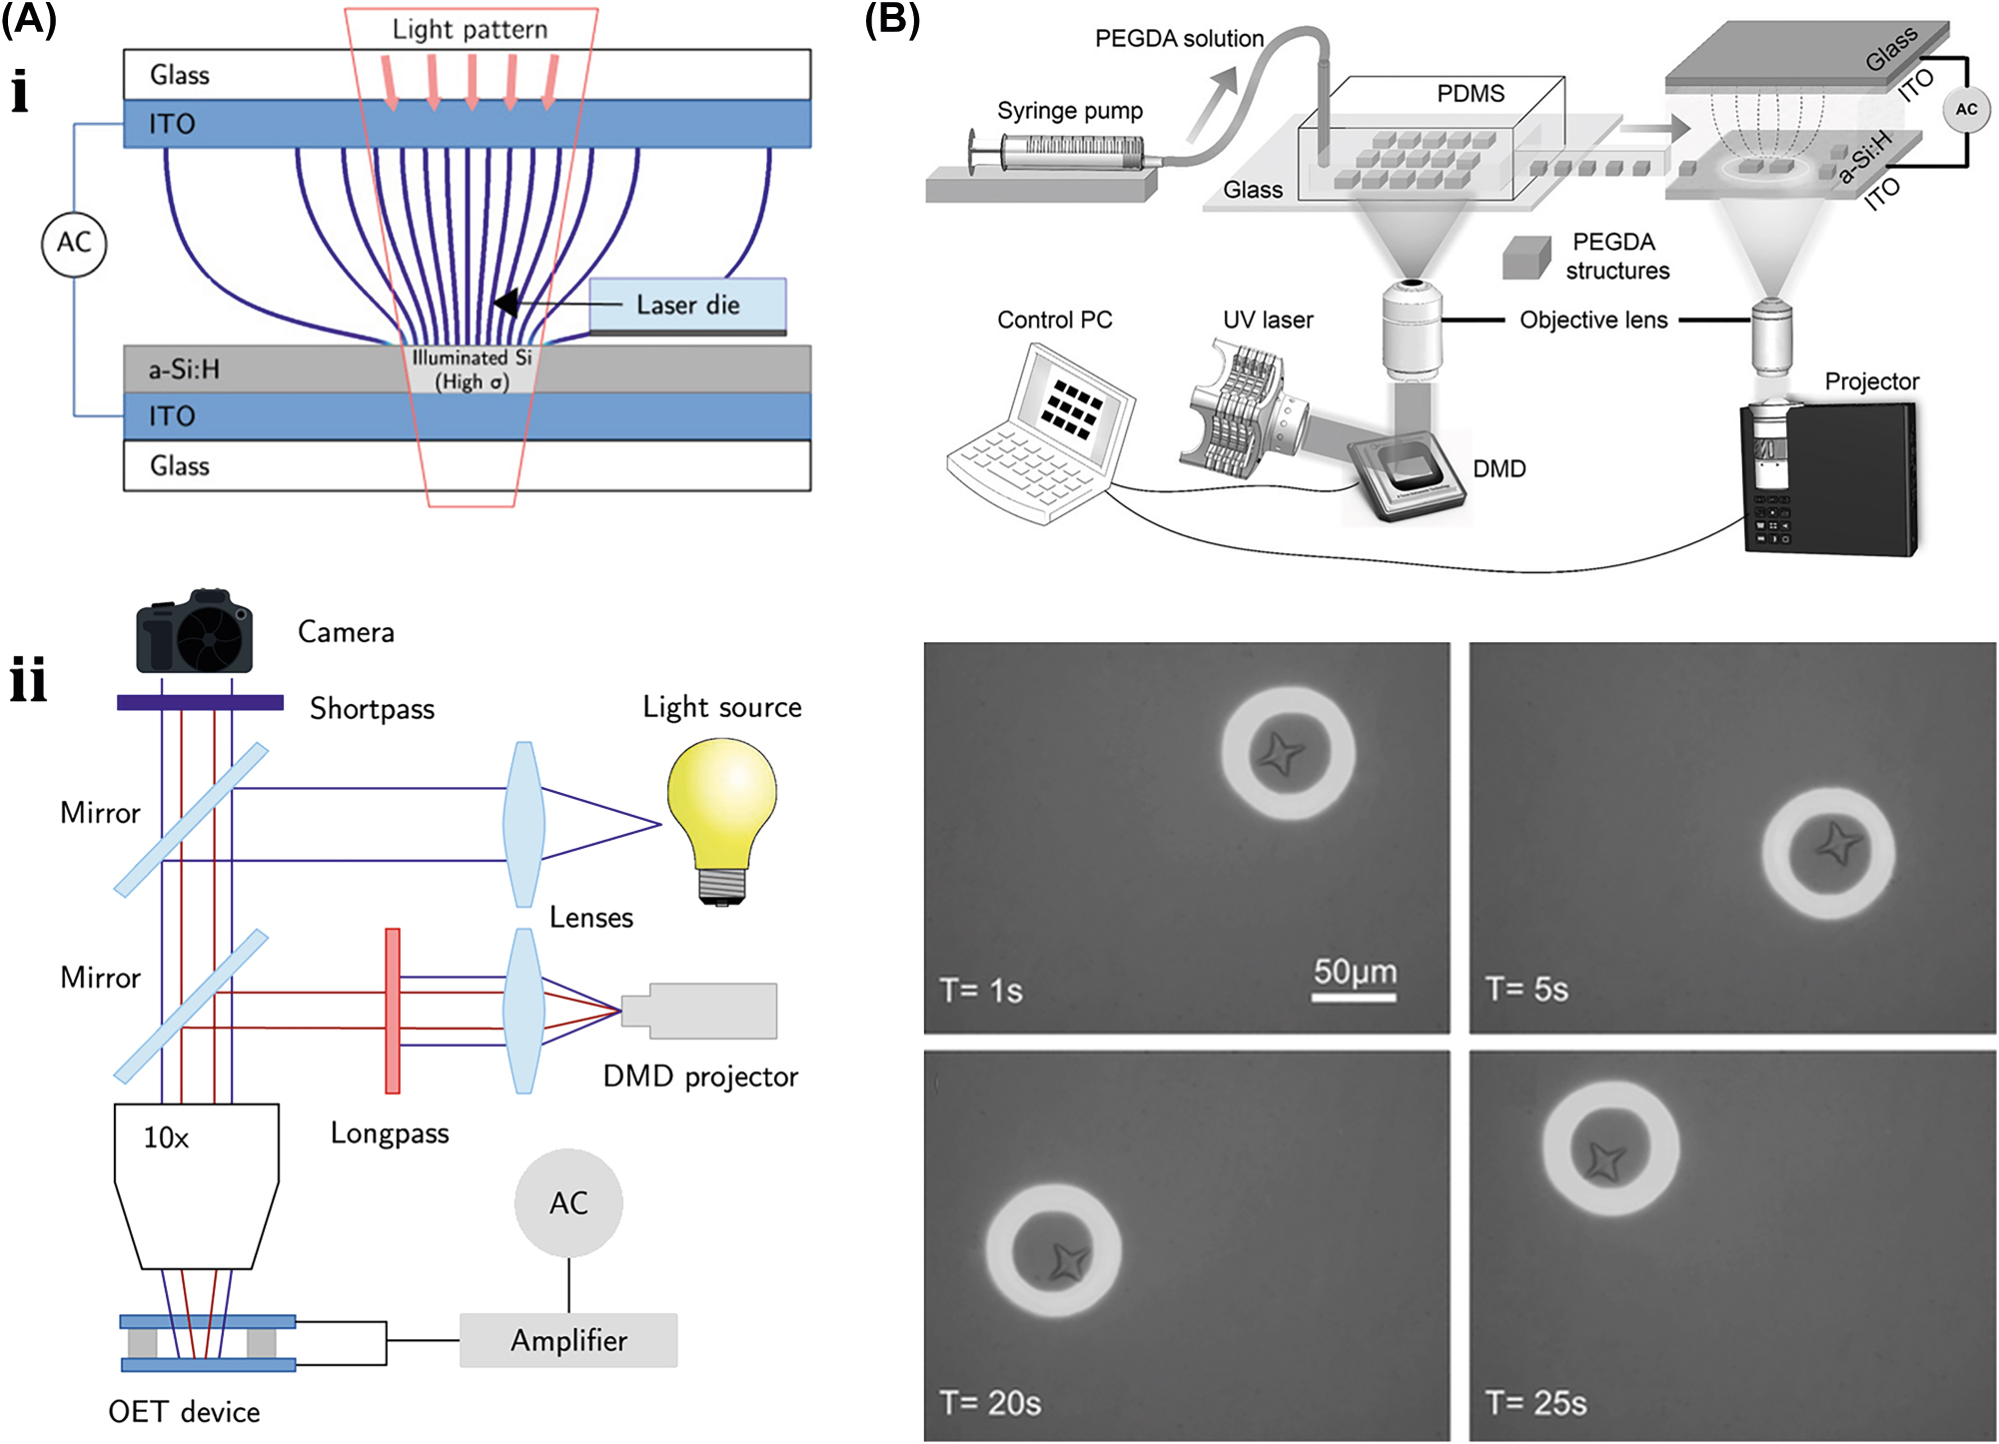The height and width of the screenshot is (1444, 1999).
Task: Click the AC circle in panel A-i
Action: point(74,244)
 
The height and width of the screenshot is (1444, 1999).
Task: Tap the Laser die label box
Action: point(687,305)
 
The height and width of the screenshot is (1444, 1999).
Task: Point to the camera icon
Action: point(195,633)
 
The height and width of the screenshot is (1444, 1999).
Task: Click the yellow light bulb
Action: point(721,809)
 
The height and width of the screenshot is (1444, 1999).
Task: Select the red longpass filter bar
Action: point(393,1011)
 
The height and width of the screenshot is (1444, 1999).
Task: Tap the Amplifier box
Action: point(568,1340)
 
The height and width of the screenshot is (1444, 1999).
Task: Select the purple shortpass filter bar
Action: point(200,703)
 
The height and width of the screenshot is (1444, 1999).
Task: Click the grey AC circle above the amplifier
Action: point(568,1202)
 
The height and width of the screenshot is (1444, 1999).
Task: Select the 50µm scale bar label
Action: point(1355,971)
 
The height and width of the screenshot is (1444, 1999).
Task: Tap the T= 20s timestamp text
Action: point(990,1402)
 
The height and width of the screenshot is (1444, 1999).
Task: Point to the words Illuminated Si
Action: point(472,358)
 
